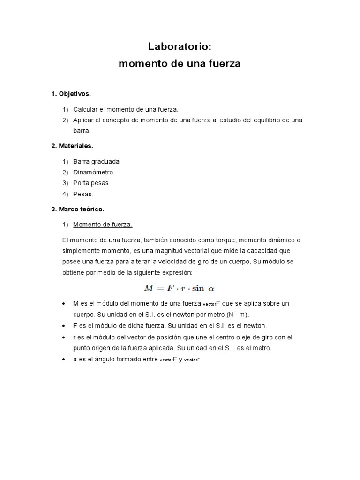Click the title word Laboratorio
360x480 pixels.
pyautogui.click(x=180, y=47)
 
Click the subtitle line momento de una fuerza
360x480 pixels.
pyautogui.click(x=180, y=64)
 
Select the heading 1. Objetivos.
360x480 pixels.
pyautogui.click(x=74, y=94)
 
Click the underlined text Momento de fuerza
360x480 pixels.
pyautogui.click(x=103, y=225)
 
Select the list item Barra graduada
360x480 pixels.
pyautogui.click(x=96, y=161)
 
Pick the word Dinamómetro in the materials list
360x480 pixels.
pyautogui.click(x=94, y=172)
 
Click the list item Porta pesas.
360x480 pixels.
pyautogui.click(x=92, y=183)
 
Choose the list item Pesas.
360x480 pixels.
pyautogui.click(x=83, y=194)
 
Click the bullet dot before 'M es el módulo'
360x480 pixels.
pyautogui.click(x=64, y=304)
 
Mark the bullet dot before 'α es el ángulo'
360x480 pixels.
pyautogui.click(x=64, y=359)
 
